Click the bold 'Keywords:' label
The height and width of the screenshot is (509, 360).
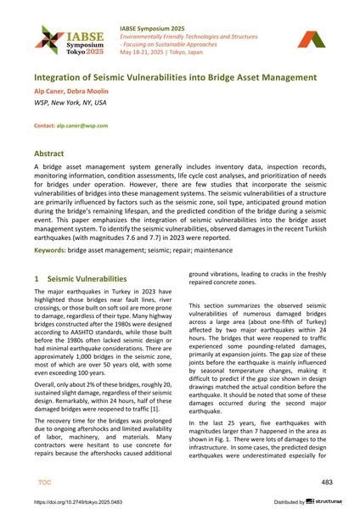(49, 250)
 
